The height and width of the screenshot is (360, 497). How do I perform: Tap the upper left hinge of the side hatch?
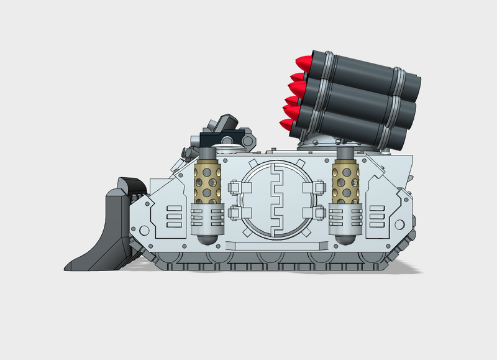pos(236,186)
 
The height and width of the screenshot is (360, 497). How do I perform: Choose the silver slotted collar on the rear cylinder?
pos(346,216)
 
